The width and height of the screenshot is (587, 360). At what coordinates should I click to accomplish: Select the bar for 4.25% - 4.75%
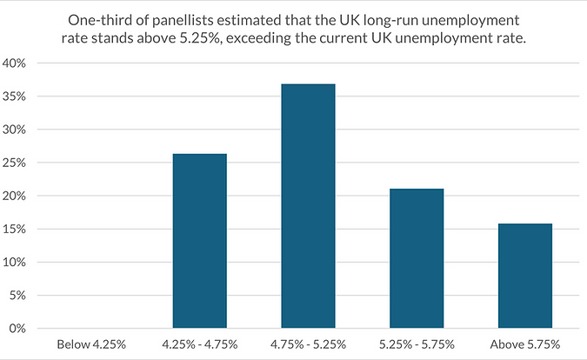[x=199, y=241]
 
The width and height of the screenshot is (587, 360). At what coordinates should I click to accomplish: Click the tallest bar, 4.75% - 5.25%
[x=308, y=206]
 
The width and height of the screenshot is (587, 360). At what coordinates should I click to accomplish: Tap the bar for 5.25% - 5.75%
[x=417, y=258]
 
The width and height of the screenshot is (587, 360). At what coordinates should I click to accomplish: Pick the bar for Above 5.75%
[x=525, y=276]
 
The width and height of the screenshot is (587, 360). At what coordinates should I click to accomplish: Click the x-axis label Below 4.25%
[x=90, y=344]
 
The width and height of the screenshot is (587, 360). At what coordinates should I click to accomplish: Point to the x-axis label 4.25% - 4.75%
[x=199, y=344]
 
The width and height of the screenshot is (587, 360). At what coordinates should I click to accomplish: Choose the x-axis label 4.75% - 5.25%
[x=308, y=344]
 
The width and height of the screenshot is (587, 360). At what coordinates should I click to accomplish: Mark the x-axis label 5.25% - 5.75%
[x=417, y=344]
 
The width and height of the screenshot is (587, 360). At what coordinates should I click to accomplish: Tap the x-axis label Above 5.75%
[x=525, y=344]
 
